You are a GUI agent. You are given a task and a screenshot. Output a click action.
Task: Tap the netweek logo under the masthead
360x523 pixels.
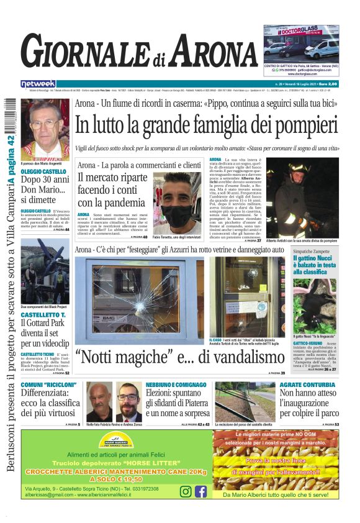tap(38, 84)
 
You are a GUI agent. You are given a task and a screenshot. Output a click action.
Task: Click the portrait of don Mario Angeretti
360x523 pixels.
tap(45, 129)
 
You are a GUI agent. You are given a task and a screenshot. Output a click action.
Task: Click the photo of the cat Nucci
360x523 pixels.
tap(313, 304)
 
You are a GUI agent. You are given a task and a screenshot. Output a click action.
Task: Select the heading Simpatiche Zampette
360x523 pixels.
tap(312, 250)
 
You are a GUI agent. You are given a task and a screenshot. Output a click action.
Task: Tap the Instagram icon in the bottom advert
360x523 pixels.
tap(185, 491)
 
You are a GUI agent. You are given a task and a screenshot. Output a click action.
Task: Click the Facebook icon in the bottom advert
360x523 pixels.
tap(200, 491)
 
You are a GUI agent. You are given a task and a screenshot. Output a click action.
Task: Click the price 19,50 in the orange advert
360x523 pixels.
tap(128, 480)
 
